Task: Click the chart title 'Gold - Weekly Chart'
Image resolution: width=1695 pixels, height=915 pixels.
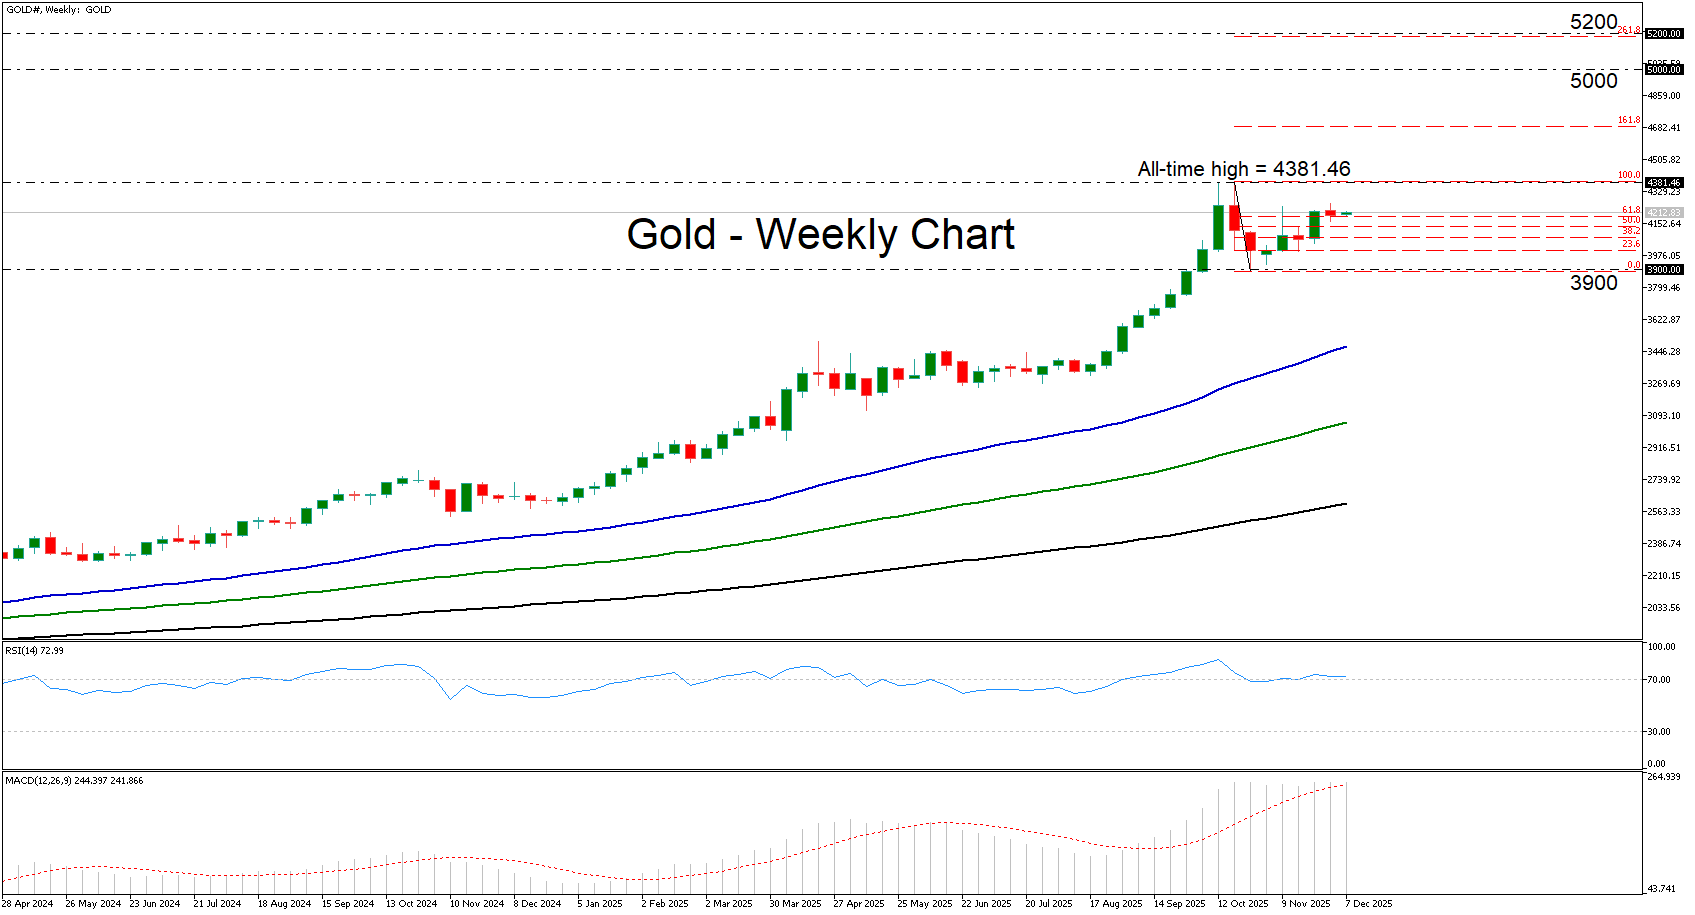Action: (820, 235)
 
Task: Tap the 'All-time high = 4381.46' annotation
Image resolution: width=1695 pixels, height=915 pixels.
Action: (1243, 169)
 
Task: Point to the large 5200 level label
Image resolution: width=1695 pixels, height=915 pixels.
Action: (1593, 22)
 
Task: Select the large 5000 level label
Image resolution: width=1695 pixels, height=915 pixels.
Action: (1593, 81)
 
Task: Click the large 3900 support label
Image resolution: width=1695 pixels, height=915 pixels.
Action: (1593, 283)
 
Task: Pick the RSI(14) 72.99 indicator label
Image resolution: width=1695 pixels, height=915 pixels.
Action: (34, 651)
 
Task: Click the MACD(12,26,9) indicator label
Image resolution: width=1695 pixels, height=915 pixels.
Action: (73, 781)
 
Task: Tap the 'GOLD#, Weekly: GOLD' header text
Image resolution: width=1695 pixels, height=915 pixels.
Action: (59, 10)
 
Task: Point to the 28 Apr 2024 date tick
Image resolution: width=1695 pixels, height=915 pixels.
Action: (28, 904)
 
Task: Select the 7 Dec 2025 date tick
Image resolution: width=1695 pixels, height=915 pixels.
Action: (1368, 904)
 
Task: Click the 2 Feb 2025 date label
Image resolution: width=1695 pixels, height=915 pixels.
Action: (665, 904)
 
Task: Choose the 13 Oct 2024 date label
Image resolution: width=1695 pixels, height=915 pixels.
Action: (411, 904)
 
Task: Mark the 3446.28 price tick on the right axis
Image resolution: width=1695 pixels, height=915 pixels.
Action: (1664, 352)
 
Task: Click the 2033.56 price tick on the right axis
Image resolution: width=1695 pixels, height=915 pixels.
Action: (1664, 608)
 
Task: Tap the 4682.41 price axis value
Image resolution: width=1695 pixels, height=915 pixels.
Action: (1664, 128)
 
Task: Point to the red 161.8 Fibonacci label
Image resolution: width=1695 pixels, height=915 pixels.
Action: (1629, 121)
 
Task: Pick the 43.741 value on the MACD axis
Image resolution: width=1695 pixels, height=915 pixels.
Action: (1663, 889)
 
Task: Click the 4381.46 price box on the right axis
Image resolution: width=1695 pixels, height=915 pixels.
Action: (1664, 183)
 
